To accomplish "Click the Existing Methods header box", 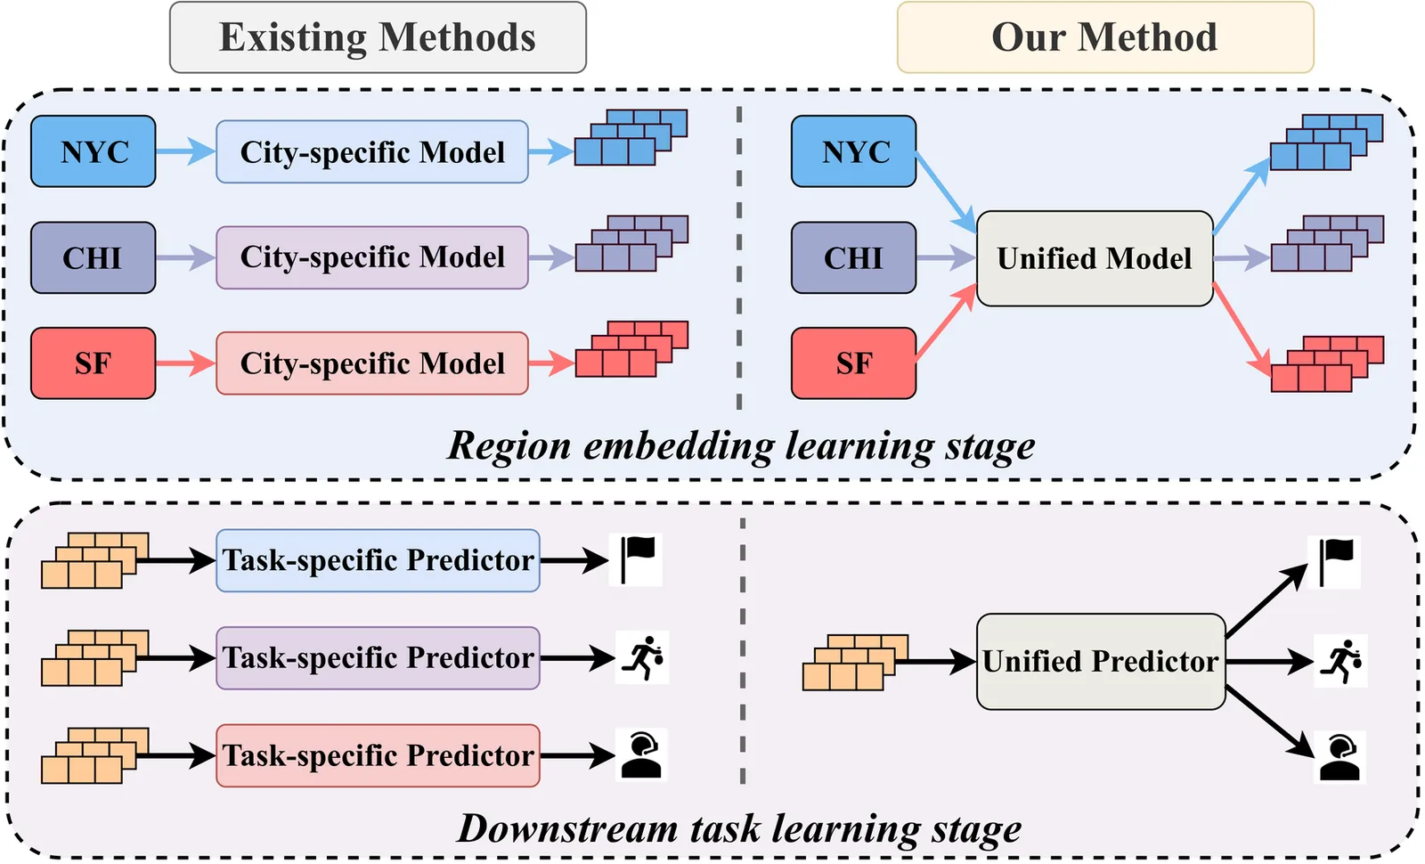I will pos(378,37).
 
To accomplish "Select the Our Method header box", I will pos(1104,37).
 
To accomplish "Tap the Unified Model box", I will pos(1095,258).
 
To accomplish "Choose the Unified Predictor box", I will pos(1101,661).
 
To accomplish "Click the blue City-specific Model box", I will pos(372,152).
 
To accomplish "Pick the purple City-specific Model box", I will pos(372,257).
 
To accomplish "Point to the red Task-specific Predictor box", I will pos(378,755).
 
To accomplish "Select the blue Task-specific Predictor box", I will pos(378,560).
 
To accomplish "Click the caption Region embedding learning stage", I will pos(741,445).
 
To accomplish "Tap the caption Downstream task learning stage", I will pos(739,828).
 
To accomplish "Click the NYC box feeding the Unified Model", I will pos(853,151).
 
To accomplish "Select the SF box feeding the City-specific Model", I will pos(93,363).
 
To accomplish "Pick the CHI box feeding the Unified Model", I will pos(853,258).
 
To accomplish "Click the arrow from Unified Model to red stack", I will pos(1242,328).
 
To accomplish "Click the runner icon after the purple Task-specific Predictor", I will pos(643,658).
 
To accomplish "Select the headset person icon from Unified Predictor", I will pos(1339,757).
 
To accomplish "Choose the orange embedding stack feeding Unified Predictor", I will pos(853,663).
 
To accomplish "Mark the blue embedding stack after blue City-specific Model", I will pos(631,138).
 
